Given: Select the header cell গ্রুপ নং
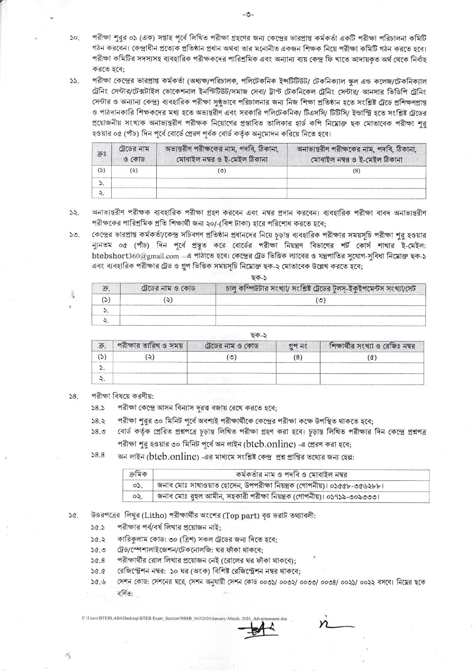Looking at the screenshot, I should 298,346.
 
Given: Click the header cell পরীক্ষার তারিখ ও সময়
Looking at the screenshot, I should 150,346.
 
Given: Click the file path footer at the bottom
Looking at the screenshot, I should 185,618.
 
